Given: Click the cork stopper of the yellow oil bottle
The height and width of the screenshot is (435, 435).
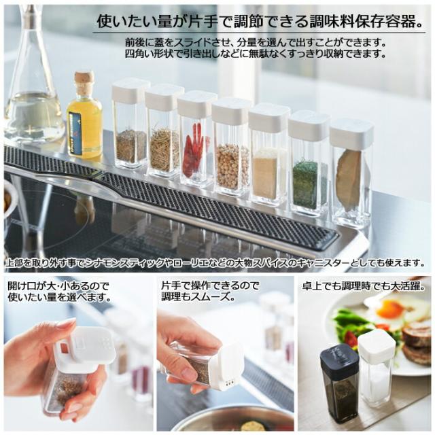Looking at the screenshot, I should tap(84, 81).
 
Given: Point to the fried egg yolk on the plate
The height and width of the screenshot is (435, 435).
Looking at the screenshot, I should tap(387, 309).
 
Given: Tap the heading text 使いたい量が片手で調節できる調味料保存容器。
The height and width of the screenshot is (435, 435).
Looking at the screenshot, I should tap(261, 21).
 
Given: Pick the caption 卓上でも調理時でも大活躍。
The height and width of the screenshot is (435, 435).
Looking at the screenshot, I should tap(364, 285).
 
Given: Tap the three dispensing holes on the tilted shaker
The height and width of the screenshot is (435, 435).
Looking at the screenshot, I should tap(228, 381).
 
